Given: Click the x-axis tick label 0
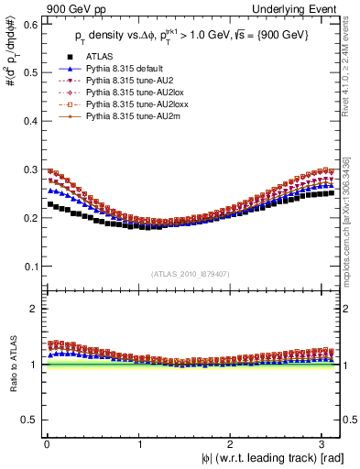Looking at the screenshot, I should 46,442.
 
